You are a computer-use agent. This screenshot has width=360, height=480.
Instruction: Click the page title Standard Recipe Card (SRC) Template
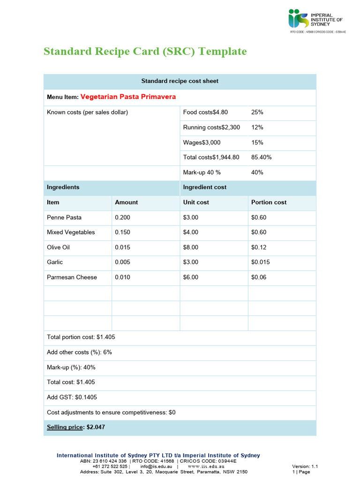145,51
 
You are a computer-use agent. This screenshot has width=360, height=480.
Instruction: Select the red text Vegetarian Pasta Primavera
128,97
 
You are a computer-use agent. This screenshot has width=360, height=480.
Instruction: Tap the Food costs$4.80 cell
205,112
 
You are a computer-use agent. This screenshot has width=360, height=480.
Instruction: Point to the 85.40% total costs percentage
261,157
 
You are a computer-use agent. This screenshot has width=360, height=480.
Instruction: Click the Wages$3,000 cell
202,142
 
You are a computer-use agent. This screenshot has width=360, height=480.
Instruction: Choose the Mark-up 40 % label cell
202,172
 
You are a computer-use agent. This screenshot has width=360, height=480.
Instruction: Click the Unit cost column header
196,202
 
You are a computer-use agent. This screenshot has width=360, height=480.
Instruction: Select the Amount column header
126,202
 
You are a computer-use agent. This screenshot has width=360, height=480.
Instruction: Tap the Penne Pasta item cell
64,217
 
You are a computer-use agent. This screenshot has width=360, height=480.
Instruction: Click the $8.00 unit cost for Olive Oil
191,247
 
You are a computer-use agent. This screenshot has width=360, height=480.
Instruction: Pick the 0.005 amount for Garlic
122,262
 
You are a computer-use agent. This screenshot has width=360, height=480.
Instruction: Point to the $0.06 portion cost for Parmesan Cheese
259,277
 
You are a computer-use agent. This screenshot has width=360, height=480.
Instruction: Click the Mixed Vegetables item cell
71,232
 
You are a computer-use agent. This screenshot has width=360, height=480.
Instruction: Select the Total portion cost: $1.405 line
81,337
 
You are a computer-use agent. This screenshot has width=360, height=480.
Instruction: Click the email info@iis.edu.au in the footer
153,466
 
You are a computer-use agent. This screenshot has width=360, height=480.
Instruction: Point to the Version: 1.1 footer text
305,466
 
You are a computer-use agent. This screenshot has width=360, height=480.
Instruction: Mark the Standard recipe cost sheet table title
180,81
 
